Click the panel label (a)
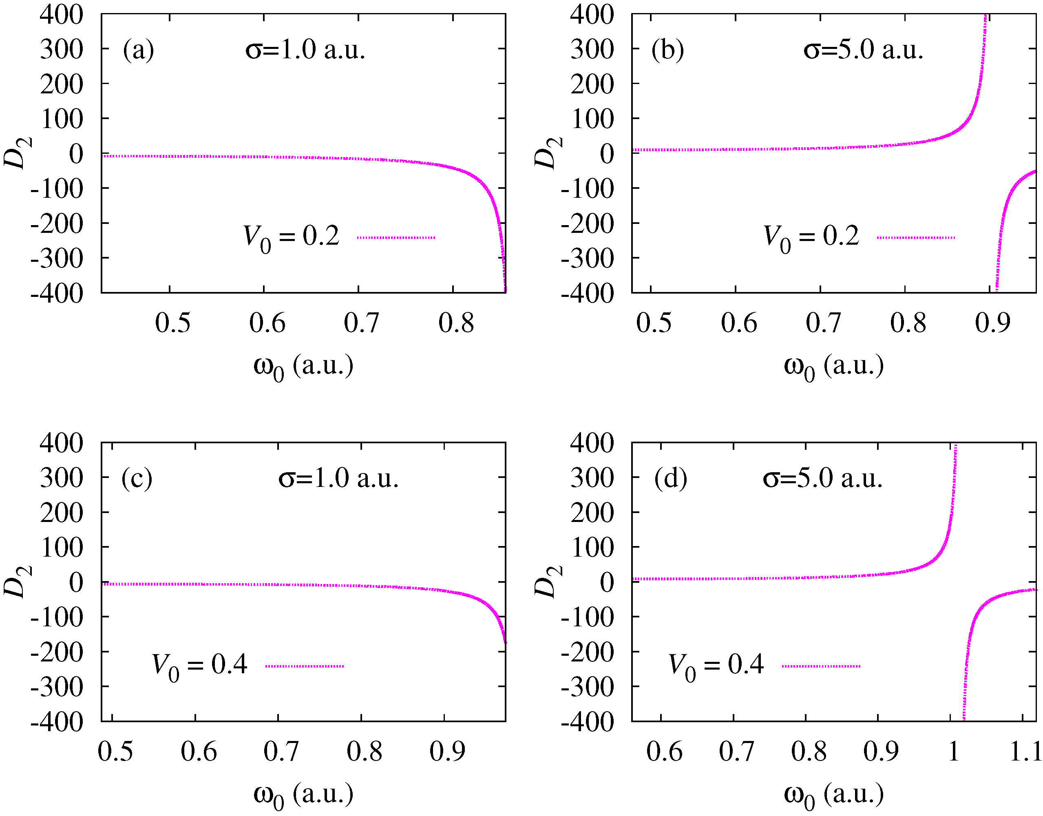pos(139,50)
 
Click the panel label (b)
pos(667,50)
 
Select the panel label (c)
pos(137,478)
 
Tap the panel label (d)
pos(670,478)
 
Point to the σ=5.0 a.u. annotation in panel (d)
pos(822,478)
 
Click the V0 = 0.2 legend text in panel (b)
pos(811,237)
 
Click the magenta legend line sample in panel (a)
pos(396,237)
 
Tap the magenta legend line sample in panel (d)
pos(821,666)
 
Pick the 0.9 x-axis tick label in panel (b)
pos(992,323)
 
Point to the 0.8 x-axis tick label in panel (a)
pos(456,323)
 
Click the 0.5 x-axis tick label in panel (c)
pos(115,752)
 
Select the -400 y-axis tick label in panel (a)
pos(57,292)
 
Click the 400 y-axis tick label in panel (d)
pos(592,443)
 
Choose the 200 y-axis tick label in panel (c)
pos(62,513)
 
